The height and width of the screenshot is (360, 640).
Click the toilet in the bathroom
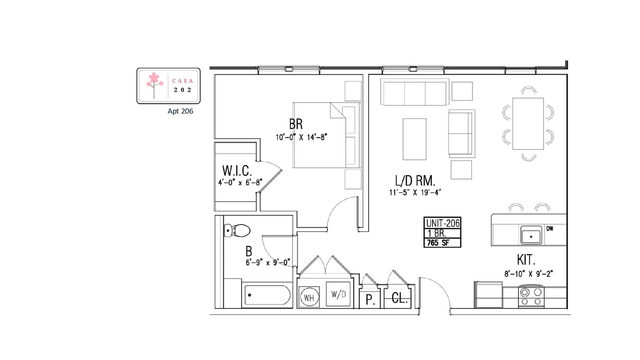(237, 230)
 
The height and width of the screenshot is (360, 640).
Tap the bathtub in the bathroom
(267, 295)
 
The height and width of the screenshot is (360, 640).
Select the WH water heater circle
(309, 297)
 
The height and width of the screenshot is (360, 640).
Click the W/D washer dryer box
(338, 294)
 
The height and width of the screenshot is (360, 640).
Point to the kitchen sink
(531, 235)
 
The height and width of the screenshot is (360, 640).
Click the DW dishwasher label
(549, 228)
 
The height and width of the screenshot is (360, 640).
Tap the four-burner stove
(531, 296)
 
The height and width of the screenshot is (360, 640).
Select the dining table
(528, 123)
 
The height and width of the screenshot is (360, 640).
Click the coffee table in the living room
(414, 139)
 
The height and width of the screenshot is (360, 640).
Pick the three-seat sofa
(414, 92)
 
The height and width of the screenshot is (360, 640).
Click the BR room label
(295, 124)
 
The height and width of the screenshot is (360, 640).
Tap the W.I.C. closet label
(237, 171)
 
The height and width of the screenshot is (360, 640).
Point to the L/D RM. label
(415, 180)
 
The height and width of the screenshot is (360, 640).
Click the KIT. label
(526, 259)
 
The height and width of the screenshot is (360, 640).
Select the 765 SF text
(438, 243)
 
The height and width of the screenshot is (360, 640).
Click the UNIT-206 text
(442, 223)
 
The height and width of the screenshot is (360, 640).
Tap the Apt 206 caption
(180, 111)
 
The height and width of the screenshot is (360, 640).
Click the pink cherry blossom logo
(154, 85)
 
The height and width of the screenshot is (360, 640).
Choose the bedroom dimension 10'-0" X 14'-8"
(301, 137)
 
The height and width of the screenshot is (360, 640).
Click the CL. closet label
(399, 298)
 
